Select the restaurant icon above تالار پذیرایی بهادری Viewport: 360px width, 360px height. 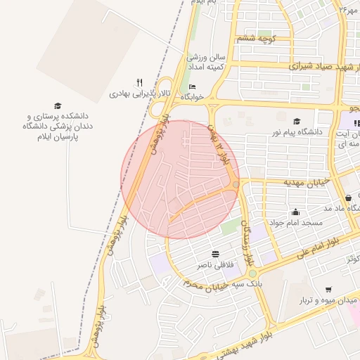coord(139,83)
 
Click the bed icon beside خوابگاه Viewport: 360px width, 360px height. coord(192,87)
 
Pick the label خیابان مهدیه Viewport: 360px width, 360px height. coord(287,182)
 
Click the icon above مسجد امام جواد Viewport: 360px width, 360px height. coord(296,212)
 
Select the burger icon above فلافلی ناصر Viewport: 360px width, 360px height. coord(214,254)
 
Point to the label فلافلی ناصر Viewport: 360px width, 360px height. coord(214,264)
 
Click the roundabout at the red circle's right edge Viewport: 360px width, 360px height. coord(234,184)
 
